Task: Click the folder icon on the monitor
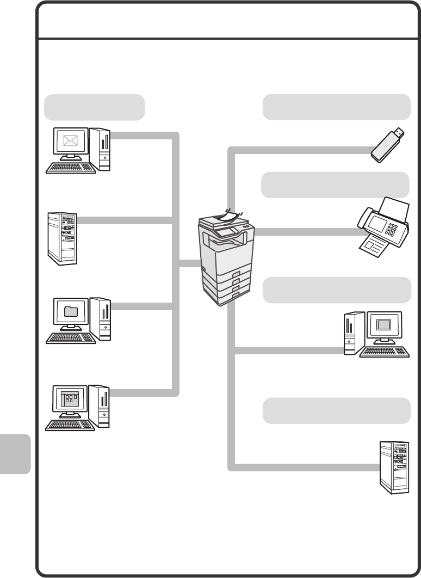click(71, 311)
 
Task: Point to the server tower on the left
click(61, 238)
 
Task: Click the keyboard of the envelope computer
click(71, 168)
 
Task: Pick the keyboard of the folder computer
click(71, 337)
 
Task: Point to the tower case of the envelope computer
click(100, 149)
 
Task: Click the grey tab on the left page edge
click(15, 453)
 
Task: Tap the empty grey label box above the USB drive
click(336, 107)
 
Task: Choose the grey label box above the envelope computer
click(94, 107)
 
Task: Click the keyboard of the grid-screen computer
click(70, 425)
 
